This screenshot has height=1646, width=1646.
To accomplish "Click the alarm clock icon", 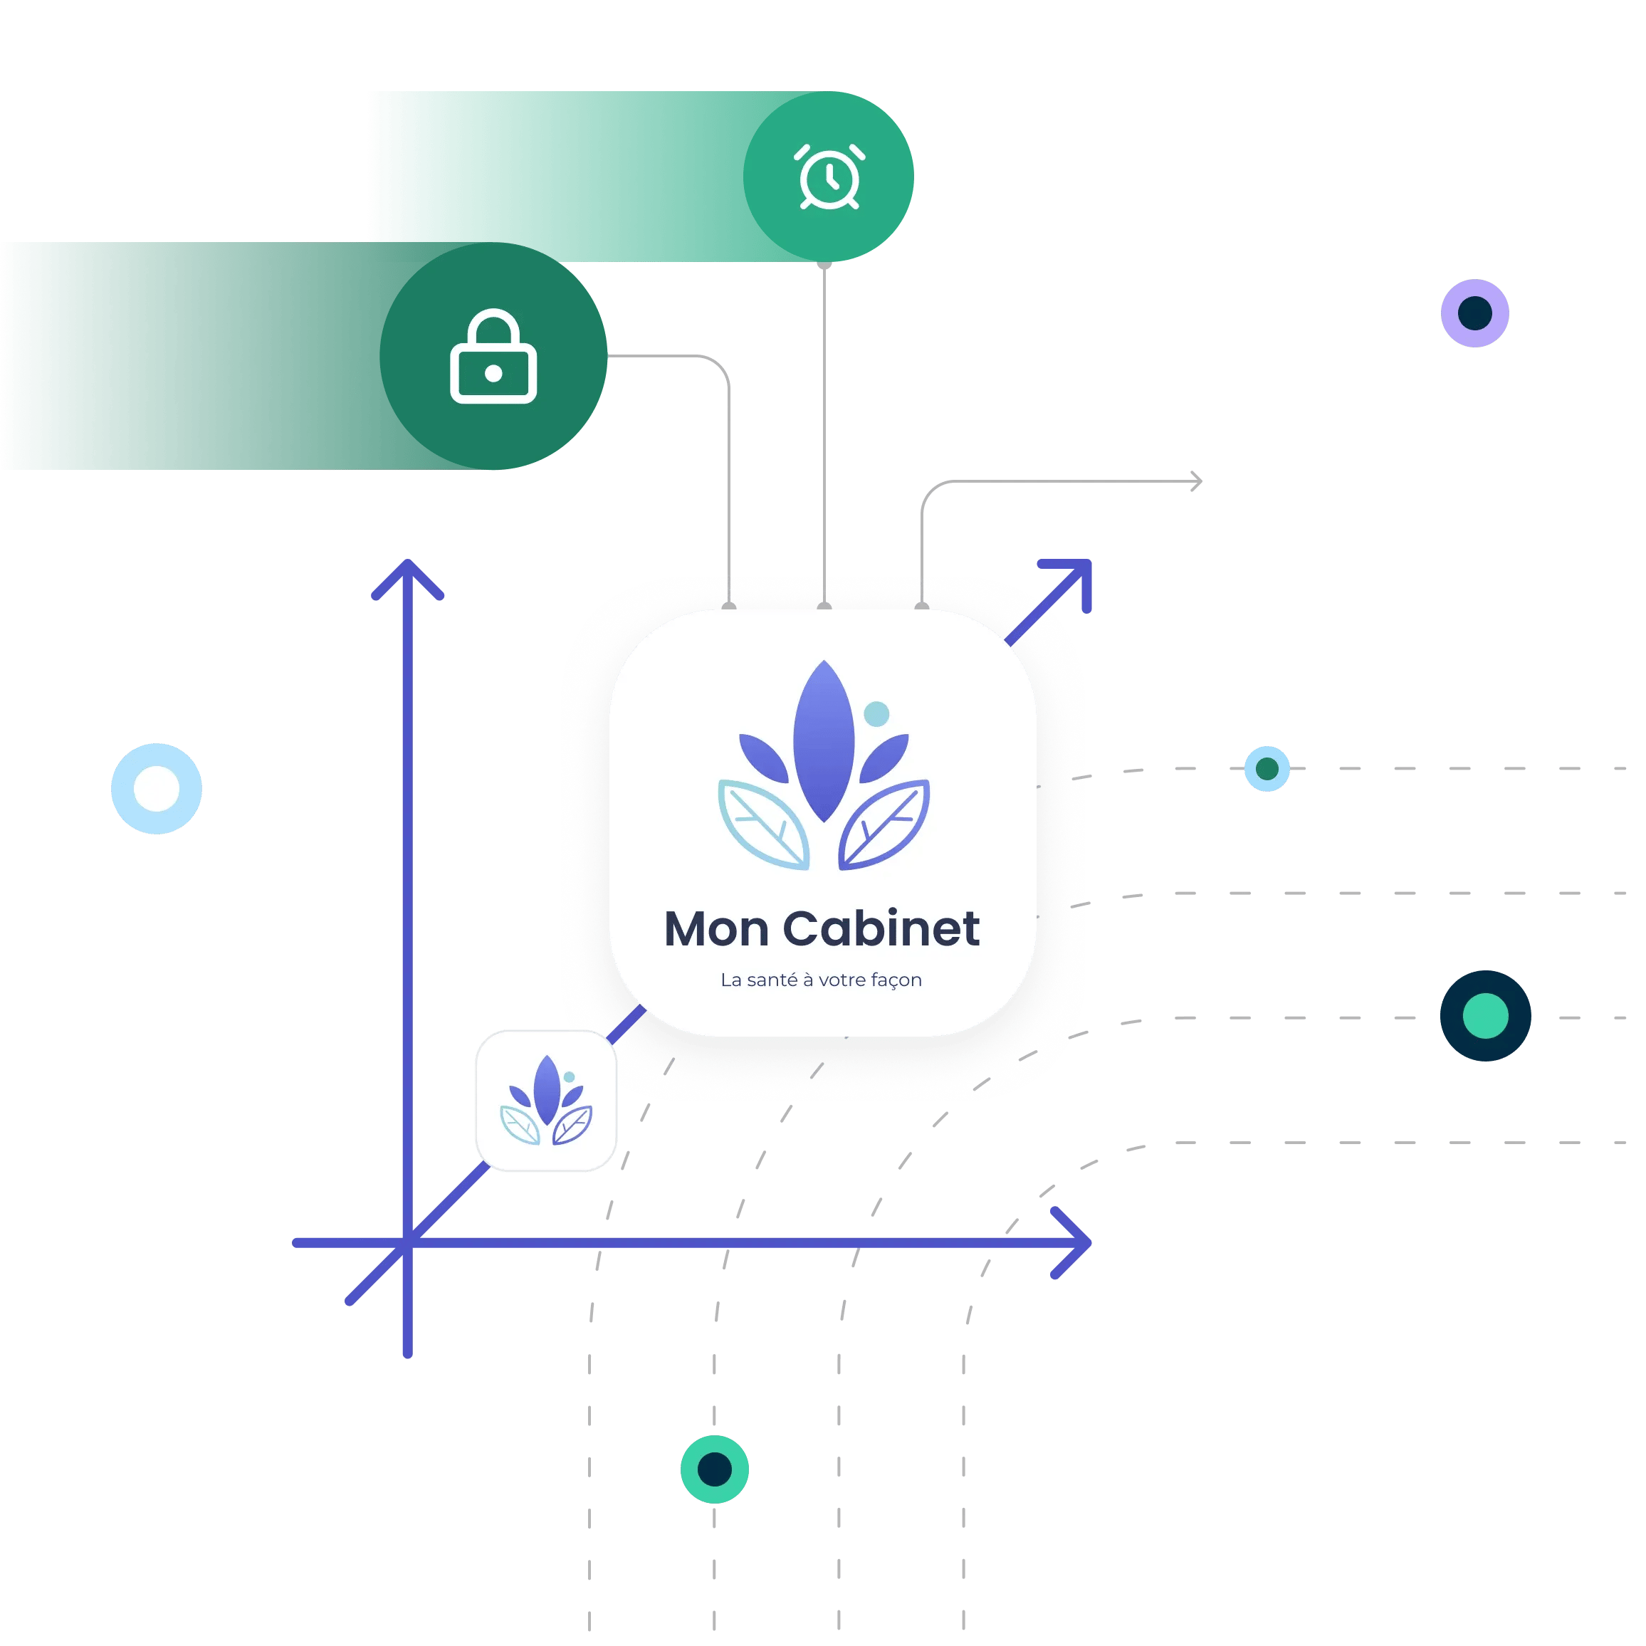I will pyautogui.click(x=829, y=177).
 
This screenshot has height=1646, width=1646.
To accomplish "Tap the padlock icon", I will pyautogui.click(x=493, y=357).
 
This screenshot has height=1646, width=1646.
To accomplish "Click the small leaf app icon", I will pyautogui.click(x=546, y=1101).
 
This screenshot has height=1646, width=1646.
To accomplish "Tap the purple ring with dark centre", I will pyautogui.click(x=1474, y=313).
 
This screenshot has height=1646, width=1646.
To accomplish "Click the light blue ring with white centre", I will pyautogui.click(x=157, y=788).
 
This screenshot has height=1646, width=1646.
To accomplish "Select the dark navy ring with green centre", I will pyautogui.click(x=1485, y=1015).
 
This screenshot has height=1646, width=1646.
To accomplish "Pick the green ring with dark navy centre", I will pyautogui.click(x=715, y=1469).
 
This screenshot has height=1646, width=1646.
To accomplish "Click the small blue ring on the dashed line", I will pyautogui.click(x=1267, y=768).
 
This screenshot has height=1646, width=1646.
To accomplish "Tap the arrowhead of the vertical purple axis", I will pyautogui.click(x=408, y=572).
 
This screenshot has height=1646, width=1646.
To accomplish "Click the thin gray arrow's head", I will pyautogui.click(x=1197, y=482).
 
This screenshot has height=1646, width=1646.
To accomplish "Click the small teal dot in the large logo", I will pyautogui.click(x=876, y=714).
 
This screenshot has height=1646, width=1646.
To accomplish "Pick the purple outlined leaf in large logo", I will pyautogui.click(x=884, y=824).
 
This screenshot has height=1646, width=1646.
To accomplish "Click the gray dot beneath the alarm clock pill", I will pyautogui.click(x=824, y=265).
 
